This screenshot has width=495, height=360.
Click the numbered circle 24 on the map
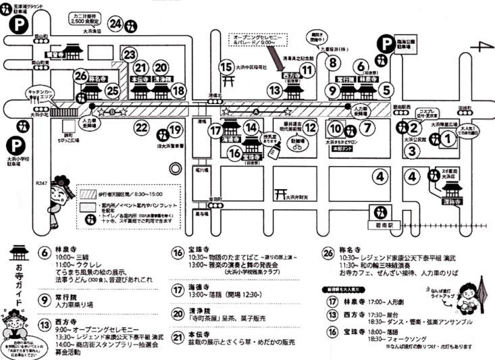point(115,24)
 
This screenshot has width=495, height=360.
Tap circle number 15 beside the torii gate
point(226,66)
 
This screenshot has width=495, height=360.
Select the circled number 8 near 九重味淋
point(333,62)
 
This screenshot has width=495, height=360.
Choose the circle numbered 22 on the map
point(141,126)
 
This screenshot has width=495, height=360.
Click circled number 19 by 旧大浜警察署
point(175,130)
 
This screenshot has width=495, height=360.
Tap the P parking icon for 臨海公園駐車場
point(386,45)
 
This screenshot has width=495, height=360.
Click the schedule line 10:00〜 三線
point(74,258)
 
